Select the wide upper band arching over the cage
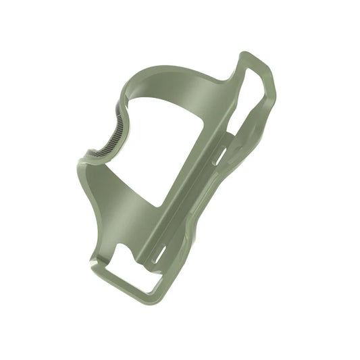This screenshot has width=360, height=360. click(182, 81)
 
